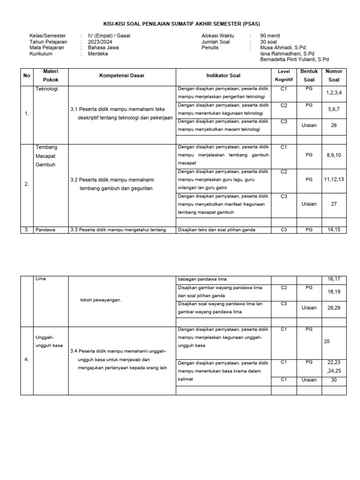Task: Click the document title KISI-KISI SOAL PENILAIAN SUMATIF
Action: point(181,24)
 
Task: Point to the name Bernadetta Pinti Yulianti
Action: point(294,60)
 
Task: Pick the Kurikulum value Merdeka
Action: point(97,54)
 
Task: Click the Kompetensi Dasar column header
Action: point(122,75)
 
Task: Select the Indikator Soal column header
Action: point(223,75)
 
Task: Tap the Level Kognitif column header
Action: point(284,75)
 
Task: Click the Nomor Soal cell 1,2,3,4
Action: point(334,93)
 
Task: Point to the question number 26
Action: point(334,125)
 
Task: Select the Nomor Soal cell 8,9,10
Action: point(334,155)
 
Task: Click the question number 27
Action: point(334,204)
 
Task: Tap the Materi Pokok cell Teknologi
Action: point(46,89)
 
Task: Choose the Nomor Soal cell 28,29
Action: point(334,308)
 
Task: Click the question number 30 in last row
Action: point(334,380)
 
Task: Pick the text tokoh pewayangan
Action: point(101,300)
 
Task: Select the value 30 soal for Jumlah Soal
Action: point(269,42)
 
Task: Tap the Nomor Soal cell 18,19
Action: point(334,292)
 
